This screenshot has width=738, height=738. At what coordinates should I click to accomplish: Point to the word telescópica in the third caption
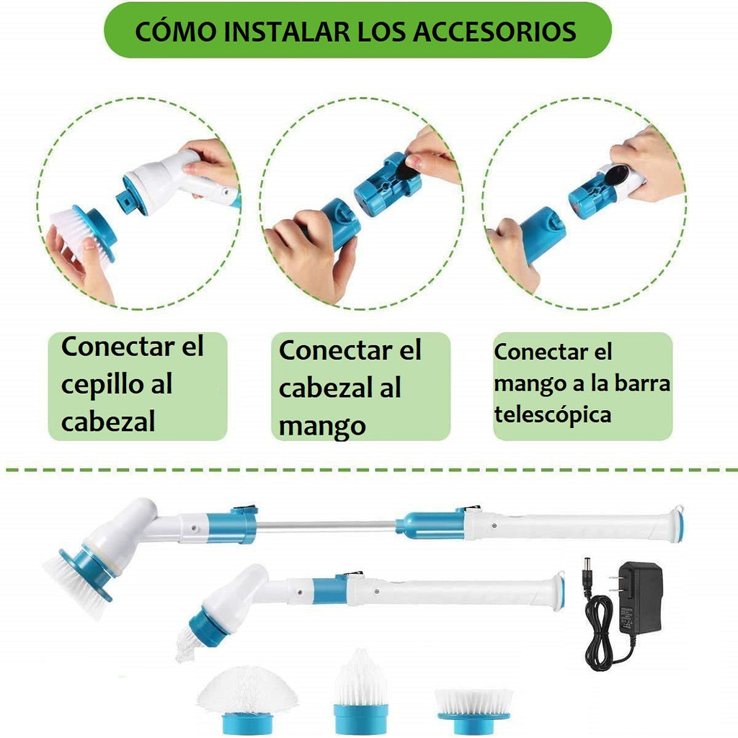click(553, 415)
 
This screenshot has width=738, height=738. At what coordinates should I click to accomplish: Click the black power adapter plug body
click(640, 597)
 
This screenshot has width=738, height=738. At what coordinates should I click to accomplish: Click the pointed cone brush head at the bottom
click(361, 691)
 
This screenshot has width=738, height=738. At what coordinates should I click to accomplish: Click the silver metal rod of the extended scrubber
click(326, 526)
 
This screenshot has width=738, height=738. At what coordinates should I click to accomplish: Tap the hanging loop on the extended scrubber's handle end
click(678, 510)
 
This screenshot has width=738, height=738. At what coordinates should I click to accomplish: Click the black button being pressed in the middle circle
click(408, 168)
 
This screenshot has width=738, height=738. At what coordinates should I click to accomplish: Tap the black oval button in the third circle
click(615, 175)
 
